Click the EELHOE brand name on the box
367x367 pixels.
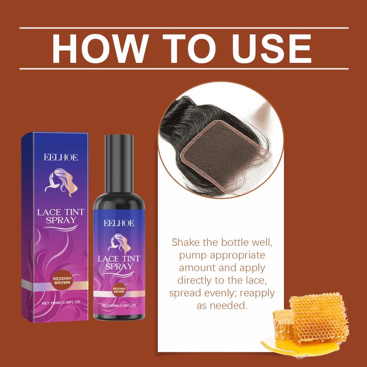coord(61,157)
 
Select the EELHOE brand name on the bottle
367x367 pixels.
coord(119,223)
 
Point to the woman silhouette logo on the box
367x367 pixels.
coord(61,183)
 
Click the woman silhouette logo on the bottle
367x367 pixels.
coord(119,244)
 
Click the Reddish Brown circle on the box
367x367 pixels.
coord(62,281)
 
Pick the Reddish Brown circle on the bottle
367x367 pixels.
coord(119,290)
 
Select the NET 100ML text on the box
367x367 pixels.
coord(61,303)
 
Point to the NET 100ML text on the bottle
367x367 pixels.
coord(119,306)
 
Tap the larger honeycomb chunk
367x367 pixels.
coord(319,317)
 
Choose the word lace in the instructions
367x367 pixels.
coord(256,280)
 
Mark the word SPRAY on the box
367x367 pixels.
coord(61,220)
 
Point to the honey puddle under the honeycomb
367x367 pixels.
coord(302,346)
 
